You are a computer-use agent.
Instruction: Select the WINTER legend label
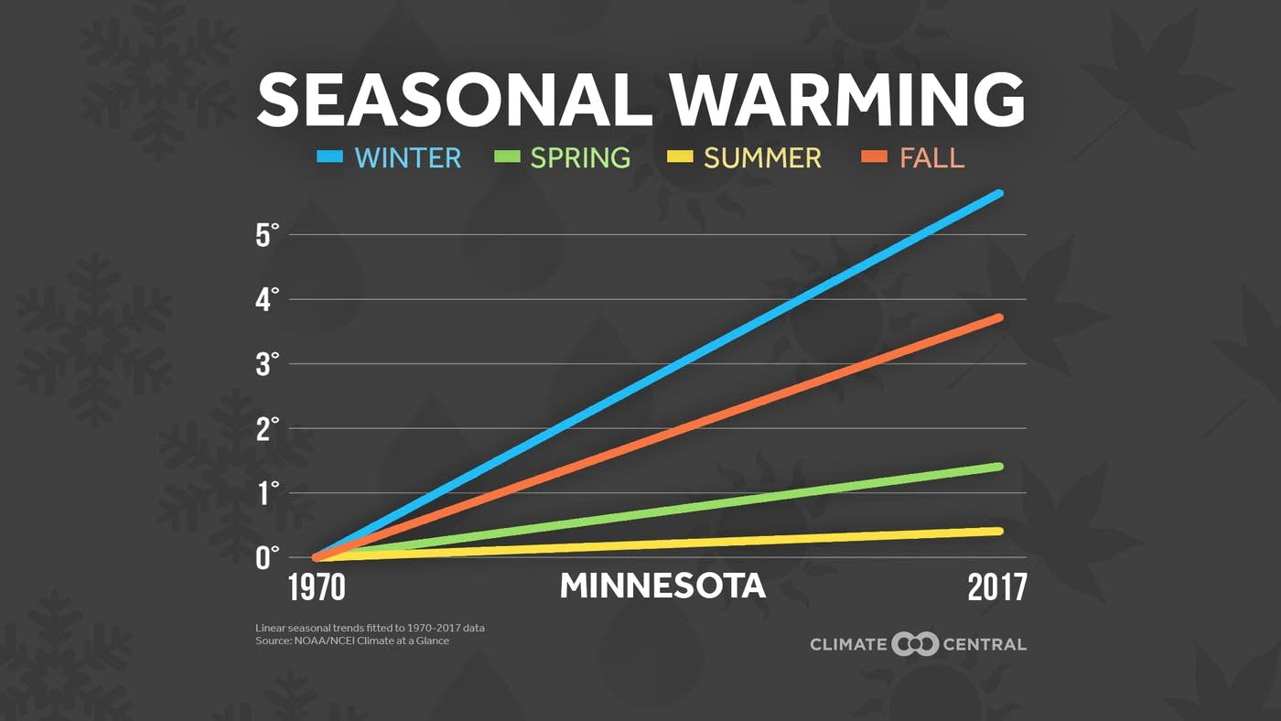408,157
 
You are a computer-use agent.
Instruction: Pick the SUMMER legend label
762,157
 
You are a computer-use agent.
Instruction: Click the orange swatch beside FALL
874,157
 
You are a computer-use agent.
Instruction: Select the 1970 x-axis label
317,587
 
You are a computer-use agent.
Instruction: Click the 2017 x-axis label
996,587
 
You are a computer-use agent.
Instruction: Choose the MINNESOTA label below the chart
662,586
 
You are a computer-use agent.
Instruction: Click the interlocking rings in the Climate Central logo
915,644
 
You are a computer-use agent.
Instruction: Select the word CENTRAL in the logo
985,644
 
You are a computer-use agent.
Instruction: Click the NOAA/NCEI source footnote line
352,640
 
